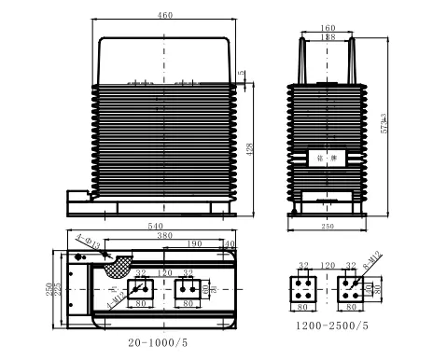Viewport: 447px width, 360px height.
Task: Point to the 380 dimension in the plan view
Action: pos(166,236)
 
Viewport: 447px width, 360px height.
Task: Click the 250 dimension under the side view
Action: pos(327,227)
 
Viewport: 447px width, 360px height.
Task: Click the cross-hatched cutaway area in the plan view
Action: pos(119,267)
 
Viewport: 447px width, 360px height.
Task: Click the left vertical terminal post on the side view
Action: pos(300,58)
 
